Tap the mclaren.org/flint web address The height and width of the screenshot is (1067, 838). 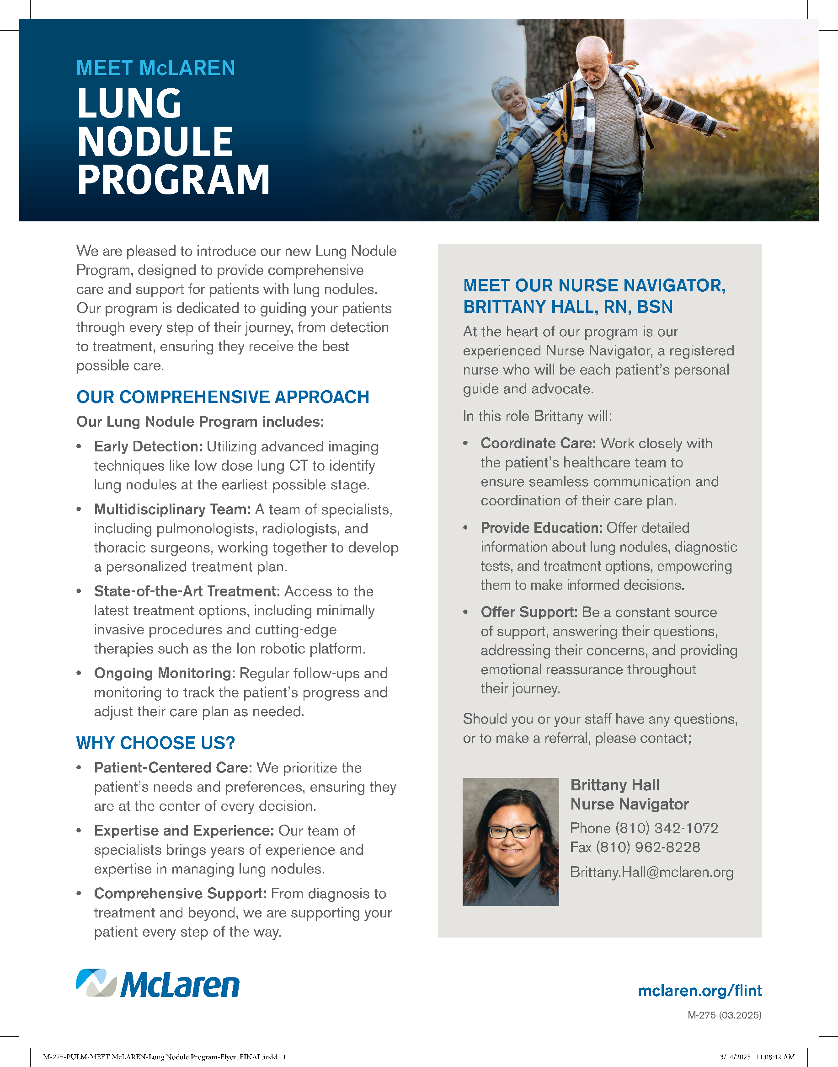pyautogui.click(x=699, y=991)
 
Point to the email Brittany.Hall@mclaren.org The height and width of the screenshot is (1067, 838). pyautogui.click(x=651, y=872)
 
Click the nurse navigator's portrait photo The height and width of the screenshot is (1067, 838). pyautogui.click(x=510, y=841)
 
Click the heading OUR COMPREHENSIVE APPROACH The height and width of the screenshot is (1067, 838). pyautogui.click(x=223, y=397)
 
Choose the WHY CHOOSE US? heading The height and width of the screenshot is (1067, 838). pyautogui.click(x=155, y=743)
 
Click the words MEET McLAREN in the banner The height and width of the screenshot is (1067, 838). pyautogui.click(x=155, y=68)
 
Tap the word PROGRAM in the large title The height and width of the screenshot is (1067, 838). pyautogui.click(x=173, y=180)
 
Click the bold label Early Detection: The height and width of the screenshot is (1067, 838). pyautogui.click(x=148, y=447)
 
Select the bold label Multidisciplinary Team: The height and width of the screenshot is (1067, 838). pyautogui.click(x=172, y=509)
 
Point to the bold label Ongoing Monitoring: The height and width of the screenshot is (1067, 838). pyautogui.click(x=165, y=673)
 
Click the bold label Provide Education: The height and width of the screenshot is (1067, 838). pyautogui.click(x=541, y=528)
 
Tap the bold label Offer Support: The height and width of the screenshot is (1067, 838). pyautogui.click(x=529, y=612)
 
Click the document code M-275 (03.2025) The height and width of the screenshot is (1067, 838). pyautogui.click(x=724, y=1015)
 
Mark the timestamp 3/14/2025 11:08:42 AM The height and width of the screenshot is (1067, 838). pyautogui.click(x=757, y=1056)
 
